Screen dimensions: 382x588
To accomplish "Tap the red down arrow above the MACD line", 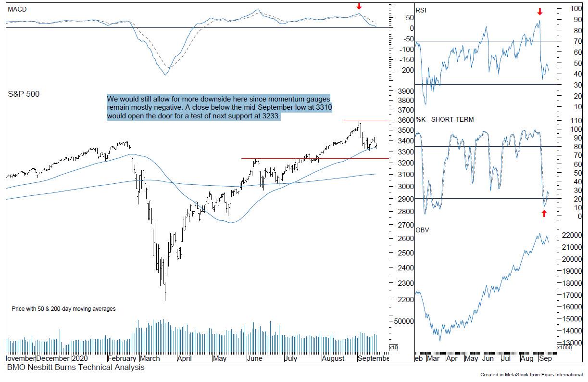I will click(359, 6).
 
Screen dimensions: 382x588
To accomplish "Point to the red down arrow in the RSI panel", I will click(540, 12).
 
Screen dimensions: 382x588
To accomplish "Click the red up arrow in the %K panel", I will click(544, 213).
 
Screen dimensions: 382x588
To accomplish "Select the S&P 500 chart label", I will click(24, 94).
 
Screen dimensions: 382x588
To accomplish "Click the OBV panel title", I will click(422, 230).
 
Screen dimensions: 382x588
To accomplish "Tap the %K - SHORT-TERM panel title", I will click(444, 119).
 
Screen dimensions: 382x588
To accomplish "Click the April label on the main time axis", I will click(185, 358).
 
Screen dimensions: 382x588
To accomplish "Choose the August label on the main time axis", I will click(333, 358).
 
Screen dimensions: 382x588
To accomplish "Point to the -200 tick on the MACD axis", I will click(407, 70).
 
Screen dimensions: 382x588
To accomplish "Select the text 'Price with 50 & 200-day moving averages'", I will click(63, 309).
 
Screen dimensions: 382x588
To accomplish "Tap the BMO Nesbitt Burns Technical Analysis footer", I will click(75, 368).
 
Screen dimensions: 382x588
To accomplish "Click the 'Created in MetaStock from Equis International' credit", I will click(531, 374).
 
